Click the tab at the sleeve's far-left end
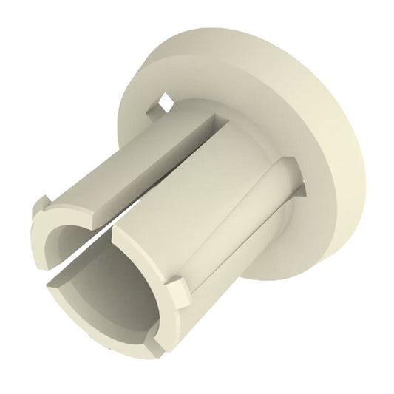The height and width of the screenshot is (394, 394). coord(41,203)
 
